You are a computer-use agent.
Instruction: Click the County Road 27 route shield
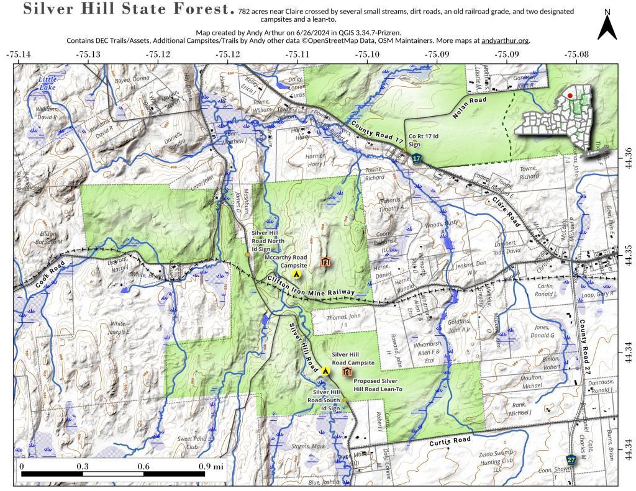click(x=571, y=460)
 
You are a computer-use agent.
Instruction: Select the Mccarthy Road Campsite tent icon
click(x=297, y=273)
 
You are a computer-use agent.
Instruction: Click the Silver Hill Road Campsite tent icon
click(x=325, y=371)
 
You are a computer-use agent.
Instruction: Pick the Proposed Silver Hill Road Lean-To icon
click(x=347, y=372)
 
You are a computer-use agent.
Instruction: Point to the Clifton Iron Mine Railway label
click(x=311, y=287)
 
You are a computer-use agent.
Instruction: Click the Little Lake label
click(x=47, y=84)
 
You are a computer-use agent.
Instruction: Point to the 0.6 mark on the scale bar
click(x=143, y=466)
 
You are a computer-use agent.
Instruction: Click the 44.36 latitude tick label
click(x=627, y=153)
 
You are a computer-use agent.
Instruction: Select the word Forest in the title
click(x=202, y=11)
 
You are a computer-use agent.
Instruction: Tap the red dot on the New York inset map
click(x=570, y=96)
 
